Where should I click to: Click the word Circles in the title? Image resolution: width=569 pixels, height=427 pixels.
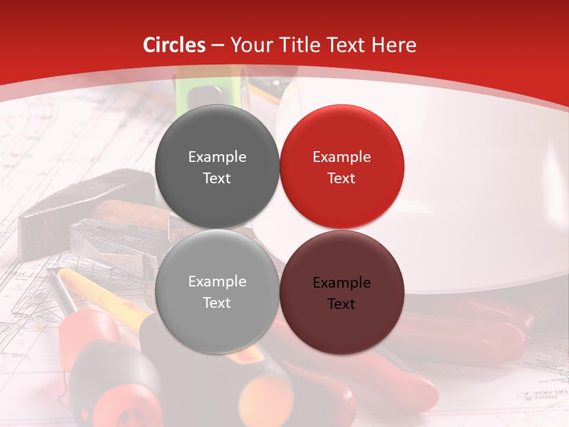click(174, 45)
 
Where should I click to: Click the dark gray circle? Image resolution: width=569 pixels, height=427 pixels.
click(217, 167)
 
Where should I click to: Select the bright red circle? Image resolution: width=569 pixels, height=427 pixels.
click(341, 167)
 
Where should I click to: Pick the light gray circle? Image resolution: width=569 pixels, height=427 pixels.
click(217, 292)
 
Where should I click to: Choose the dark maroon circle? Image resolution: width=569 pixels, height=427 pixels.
click(341, 292)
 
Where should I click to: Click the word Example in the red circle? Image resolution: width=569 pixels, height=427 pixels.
click(341, 157)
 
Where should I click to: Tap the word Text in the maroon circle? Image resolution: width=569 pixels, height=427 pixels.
click(341, 304)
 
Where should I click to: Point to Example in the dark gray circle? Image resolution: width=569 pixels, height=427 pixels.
click(217, 157)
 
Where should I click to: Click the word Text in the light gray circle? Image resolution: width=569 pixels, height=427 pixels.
click(217, 302)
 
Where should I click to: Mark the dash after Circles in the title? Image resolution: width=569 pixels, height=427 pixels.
click(218, 45)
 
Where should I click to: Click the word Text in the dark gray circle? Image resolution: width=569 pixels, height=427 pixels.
click(217, 178)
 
